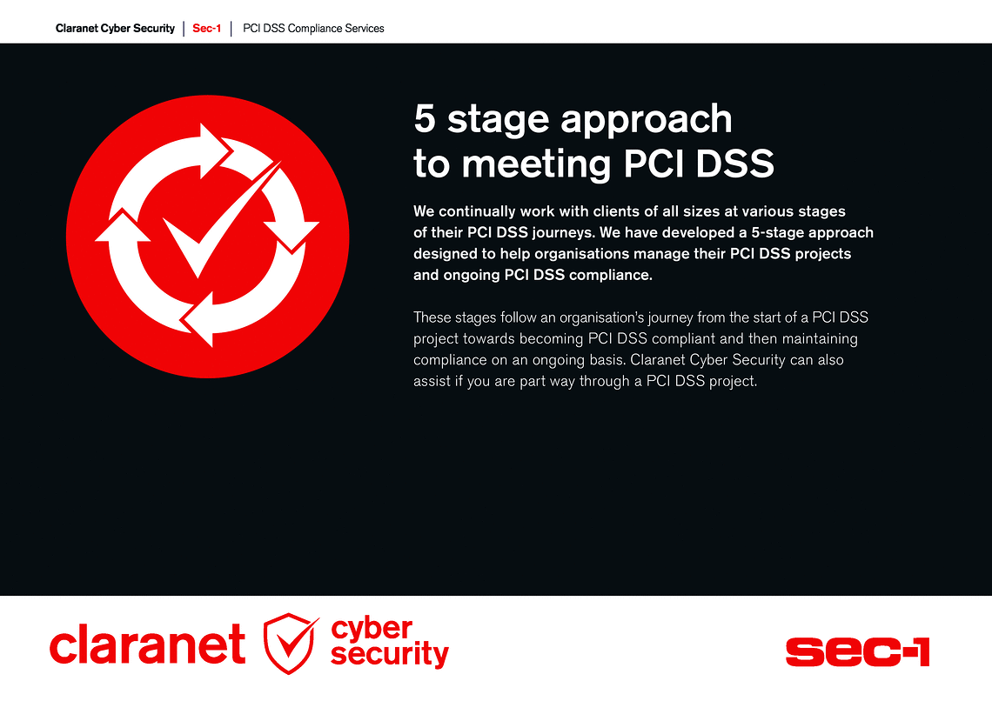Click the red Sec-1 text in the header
[x=207, y=29]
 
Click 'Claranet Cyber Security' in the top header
[x=115, y=29]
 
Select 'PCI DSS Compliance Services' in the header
[x=313, y=29]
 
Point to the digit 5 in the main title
[x=425, y=119]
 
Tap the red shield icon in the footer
[x=291, y=644]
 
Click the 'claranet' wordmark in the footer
[x=147, y=644]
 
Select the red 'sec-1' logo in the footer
[x=857, y=651]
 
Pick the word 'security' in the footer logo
[x=390, y=653]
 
